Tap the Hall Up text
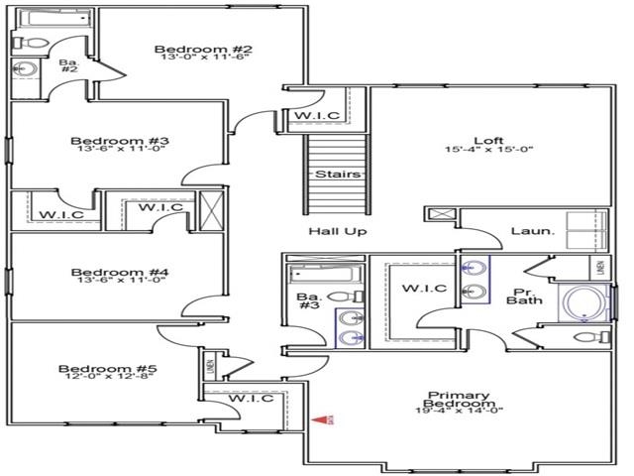[337, 231]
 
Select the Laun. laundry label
[528, 231]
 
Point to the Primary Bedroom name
[458, 399]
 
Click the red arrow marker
[320, 420]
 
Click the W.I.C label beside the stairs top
[316, 116]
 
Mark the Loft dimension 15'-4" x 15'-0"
[489, 151]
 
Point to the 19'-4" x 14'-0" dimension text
[458, 411]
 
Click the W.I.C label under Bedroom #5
[251, 399]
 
